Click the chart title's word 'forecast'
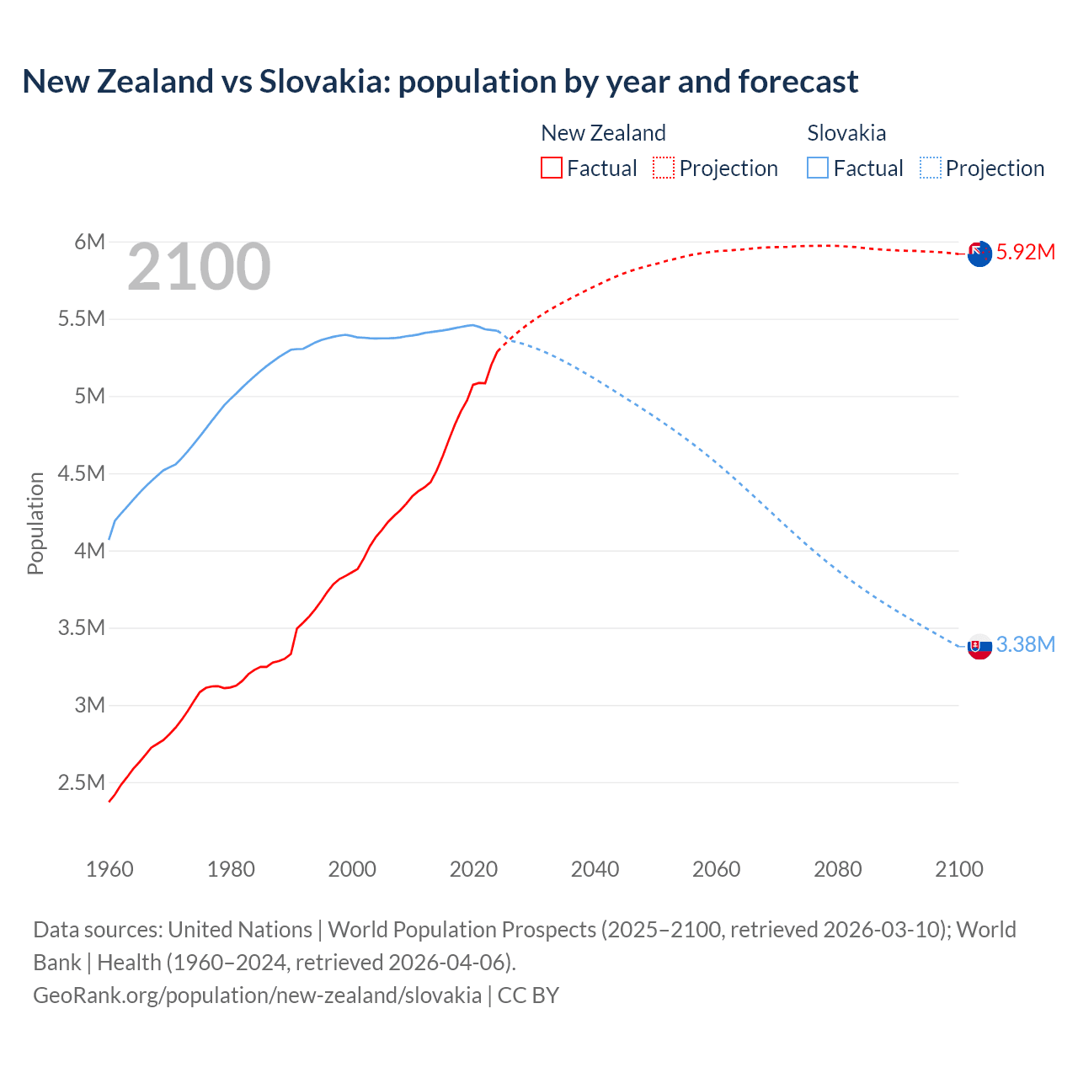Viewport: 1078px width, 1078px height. coord(798,82)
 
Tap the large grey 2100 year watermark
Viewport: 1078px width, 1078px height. coord(199,268)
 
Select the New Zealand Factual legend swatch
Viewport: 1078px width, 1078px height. coord(551,168)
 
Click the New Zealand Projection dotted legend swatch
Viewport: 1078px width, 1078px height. coord(664,168)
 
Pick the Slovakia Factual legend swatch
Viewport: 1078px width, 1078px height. coord(817,168)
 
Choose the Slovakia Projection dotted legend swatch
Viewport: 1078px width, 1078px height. coord(930,168)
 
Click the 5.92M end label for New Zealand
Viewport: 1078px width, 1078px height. coord(1025,252)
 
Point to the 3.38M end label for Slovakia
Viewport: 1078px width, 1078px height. coord(1025,644)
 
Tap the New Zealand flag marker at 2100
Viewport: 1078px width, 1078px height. coord(979,253)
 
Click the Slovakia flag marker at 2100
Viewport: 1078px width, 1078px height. coord(979,647)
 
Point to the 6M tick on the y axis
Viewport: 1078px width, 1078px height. coord(89,243)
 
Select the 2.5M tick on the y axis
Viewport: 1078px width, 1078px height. coord(82,782)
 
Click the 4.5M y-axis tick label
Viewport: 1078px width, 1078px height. coord(82,473)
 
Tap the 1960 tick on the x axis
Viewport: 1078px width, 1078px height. coord(109,869)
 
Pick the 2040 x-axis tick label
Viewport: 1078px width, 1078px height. coord(595,869)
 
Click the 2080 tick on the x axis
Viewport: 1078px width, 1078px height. coord(837,869)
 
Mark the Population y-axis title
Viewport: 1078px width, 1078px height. coord(35,523)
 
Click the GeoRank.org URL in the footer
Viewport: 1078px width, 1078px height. coord(257,995)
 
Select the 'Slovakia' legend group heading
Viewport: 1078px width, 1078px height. coord(846,133)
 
